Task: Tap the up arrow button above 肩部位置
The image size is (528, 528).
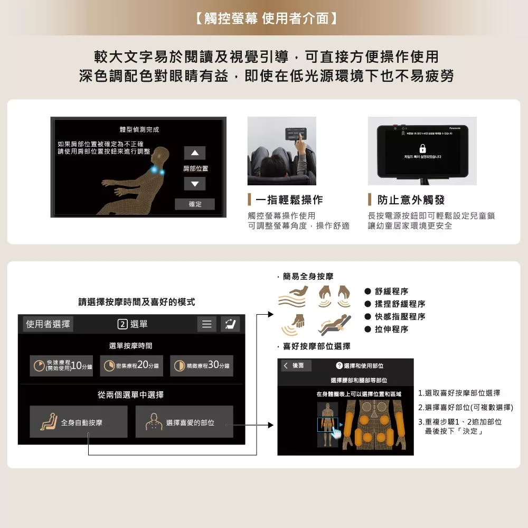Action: [x=194, y=153]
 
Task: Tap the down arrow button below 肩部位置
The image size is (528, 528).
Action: [x=194, y=184]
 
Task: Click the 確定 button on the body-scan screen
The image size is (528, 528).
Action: [x=195, y=204]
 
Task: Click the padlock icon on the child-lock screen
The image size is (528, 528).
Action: [x=422, y=148]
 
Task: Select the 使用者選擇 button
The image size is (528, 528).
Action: [x=48, y=324]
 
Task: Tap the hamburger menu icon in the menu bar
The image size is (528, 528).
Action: [x=206, y=324]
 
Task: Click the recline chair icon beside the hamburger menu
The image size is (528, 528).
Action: [x=230, y=324]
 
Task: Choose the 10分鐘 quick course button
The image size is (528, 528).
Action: [x=61, y=366]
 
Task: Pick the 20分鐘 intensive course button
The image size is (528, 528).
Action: [x=132, y=366]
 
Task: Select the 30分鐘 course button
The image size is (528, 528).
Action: [x=202, y=366]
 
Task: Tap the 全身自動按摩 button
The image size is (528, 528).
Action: [x=79, y=422]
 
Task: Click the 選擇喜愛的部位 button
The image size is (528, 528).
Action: [x=184, y=422]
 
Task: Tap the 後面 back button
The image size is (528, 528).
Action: [x=296, y=365]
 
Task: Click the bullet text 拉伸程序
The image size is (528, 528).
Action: [x=391, y=329]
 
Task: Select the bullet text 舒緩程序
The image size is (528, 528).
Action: [x=391, y=291]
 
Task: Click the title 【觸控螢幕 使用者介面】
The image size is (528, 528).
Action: [x=264, y=18]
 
